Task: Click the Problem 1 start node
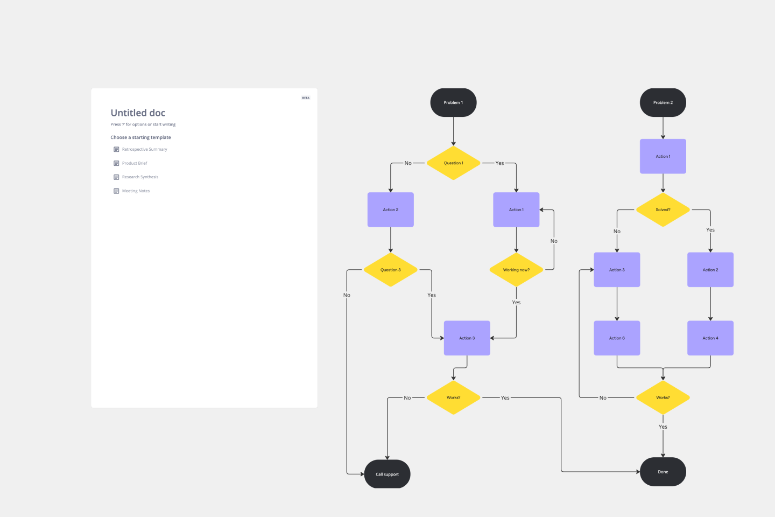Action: point(453,102)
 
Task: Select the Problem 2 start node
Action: point(663,102)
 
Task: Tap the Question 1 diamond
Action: point(453,163)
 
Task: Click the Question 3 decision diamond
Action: point(390,270)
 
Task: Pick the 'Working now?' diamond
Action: point(516,270)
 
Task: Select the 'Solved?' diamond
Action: point(663,209)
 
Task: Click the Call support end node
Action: point(387,474)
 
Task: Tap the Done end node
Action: point(663,472)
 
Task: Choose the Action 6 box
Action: point(617,338)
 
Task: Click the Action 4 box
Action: point(710,338)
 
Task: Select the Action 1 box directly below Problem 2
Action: point(663,156)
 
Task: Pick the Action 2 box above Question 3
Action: point(390,209)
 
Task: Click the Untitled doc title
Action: point(138,113)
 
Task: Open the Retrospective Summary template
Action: point(144,149)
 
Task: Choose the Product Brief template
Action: point(135,163)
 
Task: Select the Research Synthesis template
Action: point(140,177)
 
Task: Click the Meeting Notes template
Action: point(136,191)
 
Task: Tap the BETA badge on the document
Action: point(306,98)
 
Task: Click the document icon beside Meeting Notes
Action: point(116,191)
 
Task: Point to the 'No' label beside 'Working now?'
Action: point(554,241)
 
